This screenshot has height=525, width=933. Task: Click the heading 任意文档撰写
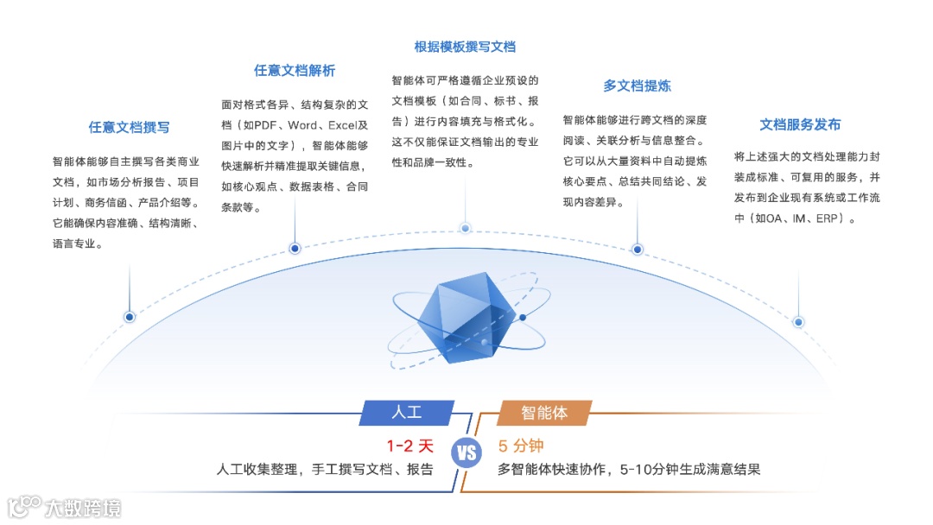tap(129, 127)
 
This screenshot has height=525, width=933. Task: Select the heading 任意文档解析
tap(295, 71)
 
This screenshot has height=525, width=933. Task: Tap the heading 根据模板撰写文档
tap(465, 47)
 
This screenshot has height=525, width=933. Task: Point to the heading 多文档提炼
tap(637, 85)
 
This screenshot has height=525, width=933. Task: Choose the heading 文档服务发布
tap(800, 124)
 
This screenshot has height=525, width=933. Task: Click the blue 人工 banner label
tap(406, 413)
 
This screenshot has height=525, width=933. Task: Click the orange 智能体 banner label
tap(544, 413)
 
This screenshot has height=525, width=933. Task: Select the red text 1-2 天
tap(410, 446)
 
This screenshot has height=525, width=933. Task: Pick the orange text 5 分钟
tap(521, 446)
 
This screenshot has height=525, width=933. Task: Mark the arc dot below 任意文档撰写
tap(130, 317)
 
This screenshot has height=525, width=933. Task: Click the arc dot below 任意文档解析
tap(295, 249)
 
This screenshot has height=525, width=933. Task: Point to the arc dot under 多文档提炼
tap(637, 250)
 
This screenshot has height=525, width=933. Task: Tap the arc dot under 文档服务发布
tap(798, 322)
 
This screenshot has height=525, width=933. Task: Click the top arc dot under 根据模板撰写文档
tap(465, 228)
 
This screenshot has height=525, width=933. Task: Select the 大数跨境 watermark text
tap(83, 507)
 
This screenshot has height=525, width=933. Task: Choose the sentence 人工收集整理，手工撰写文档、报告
tap(325, 470)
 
